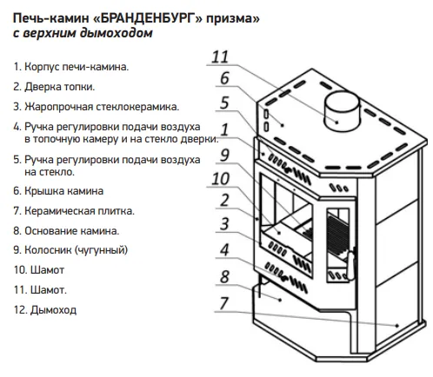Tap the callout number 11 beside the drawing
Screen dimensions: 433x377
[220, 56]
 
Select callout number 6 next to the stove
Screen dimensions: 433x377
[225, 78]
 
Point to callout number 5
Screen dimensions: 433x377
[224, 103]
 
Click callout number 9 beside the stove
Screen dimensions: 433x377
[225, 155]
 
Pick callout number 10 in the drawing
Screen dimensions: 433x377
[221, 179]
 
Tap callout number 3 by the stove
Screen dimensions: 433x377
[225, 224]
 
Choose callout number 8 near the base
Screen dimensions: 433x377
[225, 277]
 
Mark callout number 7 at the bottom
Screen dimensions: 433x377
[224, 303]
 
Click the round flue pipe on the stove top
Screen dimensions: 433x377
[342, 111]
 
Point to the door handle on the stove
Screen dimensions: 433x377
[351, 264]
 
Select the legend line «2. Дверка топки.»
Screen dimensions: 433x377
[54, 87]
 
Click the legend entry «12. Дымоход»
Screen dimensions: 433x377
[45, 310]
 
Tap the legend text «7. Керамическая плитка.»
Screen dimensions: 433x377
[74, 211]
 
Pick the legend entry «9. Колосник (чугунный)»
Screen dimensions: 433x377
[70, 250]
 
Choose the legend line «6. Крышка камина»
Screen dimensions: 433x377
[58, 191]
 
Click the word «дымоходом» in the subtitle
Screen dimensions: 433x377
[117, 33]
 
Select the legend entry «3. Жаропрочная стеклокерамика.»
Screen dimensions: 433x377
[97, 107]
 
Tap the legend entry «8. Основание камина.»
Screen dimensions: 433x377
[66, 231]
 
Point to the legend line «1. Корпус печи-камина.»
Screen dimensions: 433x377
[71, 67]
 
